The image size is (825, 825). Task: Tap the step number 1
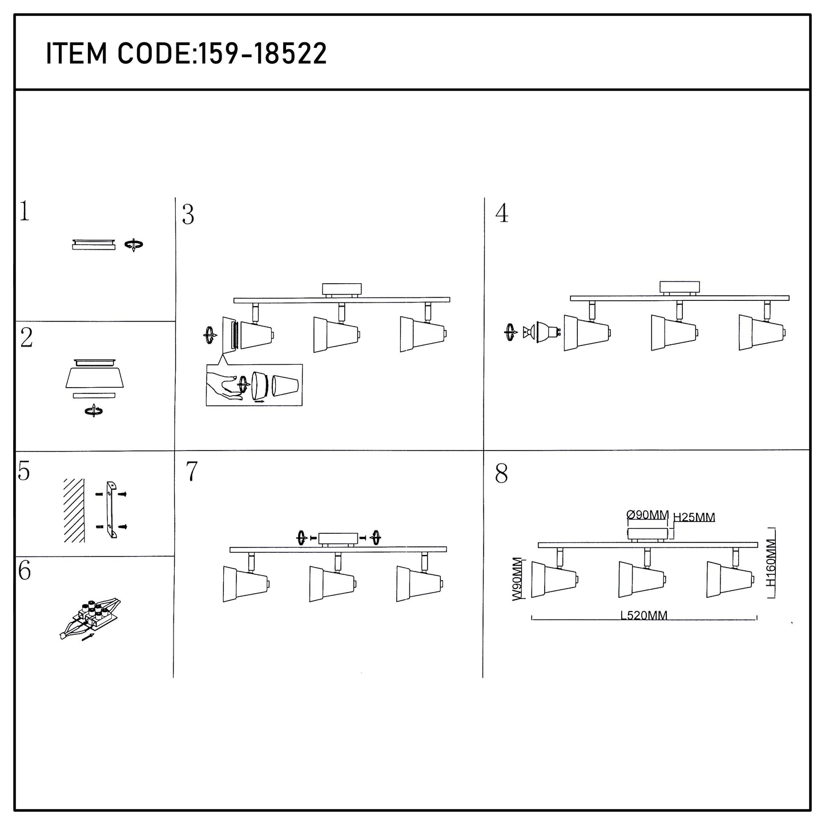click(25, 211)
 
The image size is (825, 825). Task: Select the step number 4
click(502, 213)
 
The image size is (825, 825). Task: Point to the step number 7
click(191, 471)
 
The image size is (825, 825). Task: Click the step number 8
click(501, 473)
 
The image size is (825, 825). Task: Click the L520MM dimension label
click(643, 615)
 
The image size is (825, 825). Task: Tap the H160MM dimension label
click(771, 562)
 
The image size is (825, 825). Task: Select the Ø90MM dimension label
click(647, 514)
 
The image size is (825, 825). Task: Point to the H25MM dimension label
click(694, 517)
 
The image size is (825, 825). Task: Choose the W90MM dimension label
click(518, 579)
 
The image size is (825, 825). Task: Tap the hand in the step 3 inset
click(223, 385)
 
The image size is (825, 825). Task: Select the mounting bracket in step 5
click(111, 509)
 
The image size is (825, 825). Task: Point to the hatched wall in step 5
click(74, 510)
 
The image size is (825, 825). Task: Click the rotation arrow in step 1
click(134, 245)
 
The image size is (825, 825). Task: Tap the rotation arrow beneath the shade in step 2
click(94, 412)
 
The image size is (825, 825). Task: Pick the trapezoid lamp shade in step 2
click(95, 378)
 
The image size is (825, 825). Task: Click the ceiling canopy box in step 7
click(338, 538)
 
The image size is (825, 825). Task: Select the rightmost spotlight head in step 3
click(423, 333)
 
